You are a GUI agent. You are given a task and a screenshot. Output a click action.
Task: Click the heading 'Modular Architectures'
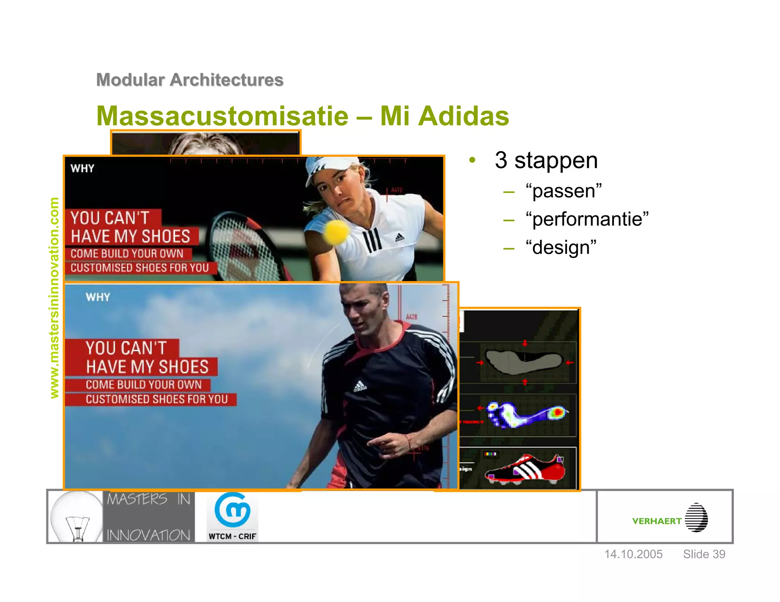click(190, 80)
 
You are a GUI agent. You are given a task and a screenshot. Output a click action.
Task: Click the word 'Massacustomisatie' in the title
click(222, 116)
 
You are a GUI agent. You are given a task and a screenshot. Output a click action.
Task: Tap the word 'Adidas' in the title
click(464, 116)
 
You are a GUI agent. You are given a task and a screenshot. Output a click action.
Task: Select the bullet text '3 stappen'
click(546, 160)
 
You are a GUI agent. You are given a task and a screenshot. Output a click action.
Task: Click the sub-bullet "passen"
click(563, 191)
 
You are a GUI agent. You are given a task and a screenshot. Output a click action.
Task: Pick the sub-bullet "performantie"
click(587, 219)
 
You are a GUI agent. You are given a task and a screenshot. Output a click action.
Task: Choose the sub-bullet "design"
click(561, 247)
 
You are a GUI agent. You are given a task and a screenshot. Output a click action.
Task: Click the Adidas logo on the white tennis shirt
click(399, 237)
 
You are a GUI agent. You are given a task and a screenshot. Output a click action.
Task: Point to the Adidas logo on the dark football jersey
click(360, 386)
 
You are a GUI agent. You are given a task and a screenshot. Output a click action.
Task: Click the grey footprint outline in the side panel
click(524, 361)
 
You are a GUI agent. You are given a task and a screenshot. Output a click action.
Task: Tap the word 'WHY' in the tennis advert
click(82, 168)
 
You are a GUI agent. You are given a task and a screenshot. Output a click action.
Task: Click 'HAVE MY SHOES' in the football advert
click(147, 367)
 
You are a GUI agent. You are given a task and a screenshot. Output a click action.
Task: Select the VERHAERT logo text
click(657, 521)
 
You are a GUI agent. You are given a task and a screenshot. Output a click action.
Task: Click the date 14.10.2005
click(633, 554)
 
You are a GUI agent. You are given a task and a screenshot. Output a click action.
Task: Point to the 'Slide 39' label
click(704, 554)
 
